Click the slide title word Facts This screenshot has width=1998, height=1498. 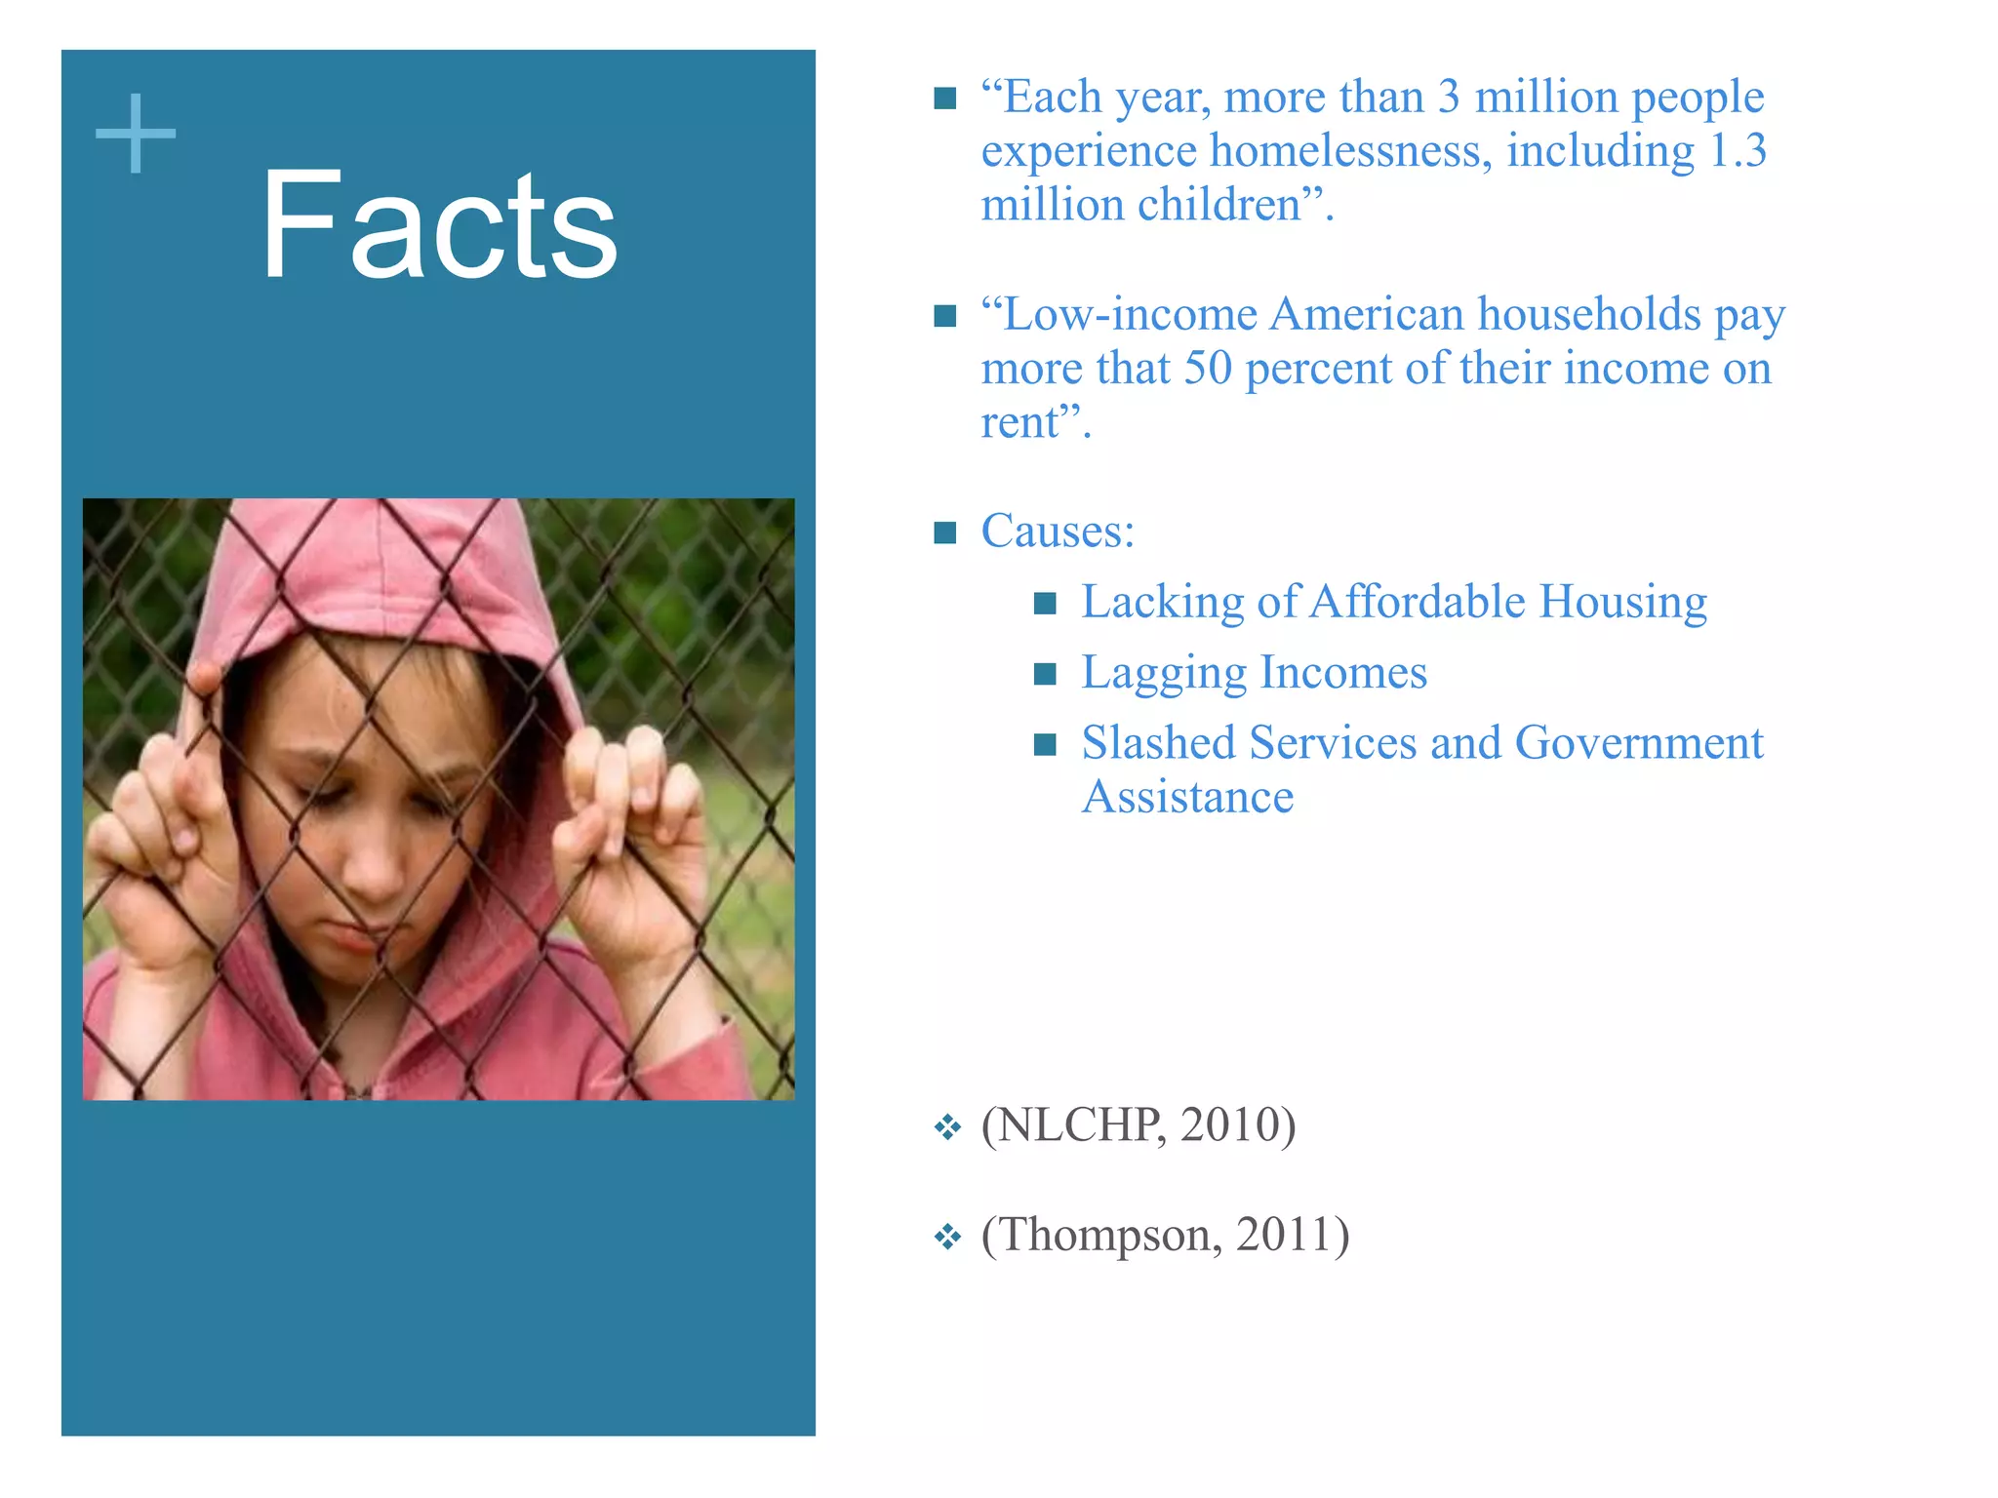pyautogui.click(x=439, y=226)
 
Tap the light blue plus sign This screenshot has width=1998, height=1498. pyautogui.click(x=136, y=134)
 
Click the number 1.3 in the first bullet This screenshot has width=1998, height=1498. pyautogui.click(x=1738, y=151)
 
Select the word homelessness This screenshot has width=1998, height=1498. pyautogui.click(x=1350, y=151)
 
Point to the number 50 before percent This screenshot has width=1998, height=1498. pyautogui.click(x=1208, y=369)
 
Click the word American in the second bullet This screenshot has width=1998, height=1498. pyautogui.click(x=1367, y=315)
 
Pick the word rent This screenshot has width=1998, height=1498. pyautogui.click(x=1019, y=423)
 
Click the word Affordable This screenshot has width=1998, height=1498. pyautogui.click(x=1418, y=602)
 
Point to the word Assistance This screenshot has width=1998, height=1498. pyautogui.click(x=1187, y=798)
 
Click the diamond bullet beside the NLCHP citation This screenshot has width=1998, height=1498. pyautogui.click(x=947, y=1128)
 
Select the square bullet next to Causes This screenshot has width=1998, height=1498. pyautogui.click(x=944, y=532)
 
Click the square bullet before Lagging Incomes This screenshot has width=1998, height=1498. pyautogui.click(x=1045, y=674)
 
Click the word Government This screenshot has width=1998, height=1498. pyautogui.click(x=1638, y=743)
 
